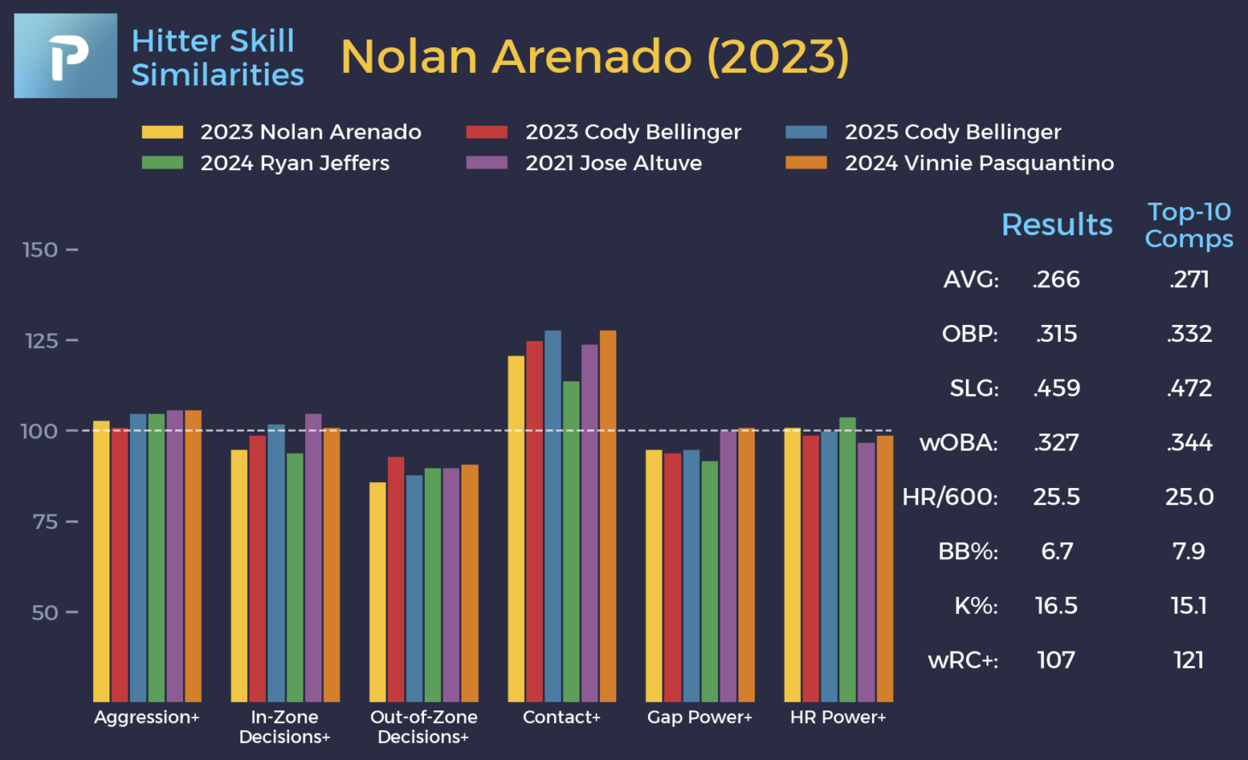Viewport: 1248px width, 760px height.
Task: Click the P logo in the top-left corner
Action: coord(66,56)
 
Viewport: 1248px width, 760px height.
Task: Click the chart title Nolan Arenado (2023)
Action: coord(595,57)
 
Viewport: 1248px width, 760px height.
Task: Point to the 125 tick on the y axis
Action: coord(42,341)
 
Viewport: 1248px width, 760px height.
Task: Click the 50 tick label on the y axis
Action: coord(45,613)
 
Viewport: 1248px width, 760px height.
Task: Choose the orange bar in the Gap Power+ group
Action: coord(746,564)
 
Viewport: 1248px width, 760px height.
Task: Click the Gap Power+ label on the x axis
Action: coord(699,717)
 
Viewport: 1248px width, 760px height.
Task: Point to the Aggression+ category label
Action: coord(147,717)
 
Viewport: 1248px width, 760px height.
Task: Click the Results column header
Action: coord(1057,225)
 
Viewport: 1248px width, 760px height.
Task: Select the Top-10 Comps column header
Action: coord(1189,225)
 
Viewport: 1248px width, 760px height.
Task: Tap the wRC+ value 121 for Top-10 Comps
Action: coord(1189,660)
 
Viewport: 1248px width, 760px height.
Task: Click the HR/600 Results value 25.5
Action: coord(1057,497)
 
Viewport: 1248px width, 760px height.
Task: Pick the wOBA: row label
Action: coord(958,443)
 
